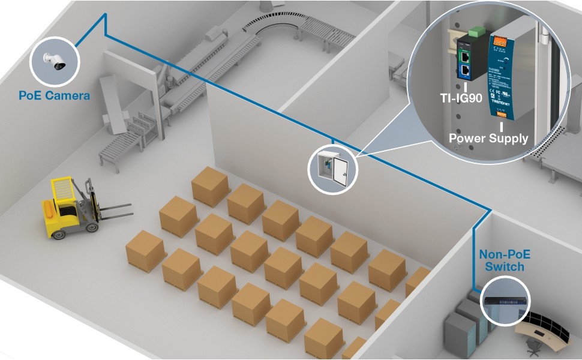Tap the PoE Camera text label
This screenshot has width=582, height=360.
point(54,95)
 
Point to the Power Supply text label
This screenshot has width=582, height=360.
point(489,138)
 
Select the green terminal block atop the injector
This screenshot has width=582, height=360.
point(478,29)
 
